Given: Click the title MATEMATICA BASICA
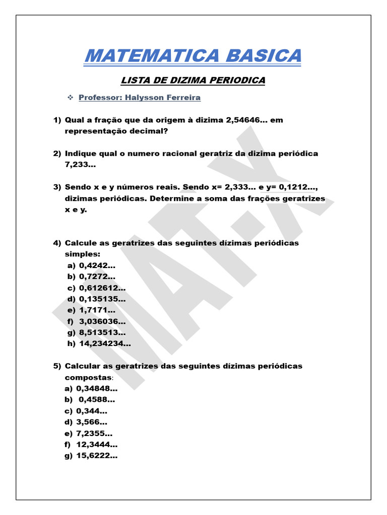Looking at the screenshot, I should click(193, 55).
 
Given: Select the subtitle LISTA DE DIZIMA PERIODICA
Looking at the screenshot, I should click(193, 80).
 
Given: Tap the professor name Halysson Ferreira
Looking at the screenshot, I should click(161, 98).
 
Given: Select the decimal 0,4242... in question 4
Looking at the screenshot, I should click(97, 266).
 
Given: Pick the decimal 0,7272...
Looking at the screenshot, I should click(97, 277).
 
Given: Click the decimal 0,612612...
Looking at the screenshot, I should click(102, 288).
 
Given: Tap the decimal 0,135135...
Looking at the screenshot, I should click(102, 299).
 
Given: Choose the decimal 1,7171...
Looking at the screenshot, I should click(97, 310).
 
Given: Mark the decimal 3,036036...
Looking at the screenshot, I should click(102, 321).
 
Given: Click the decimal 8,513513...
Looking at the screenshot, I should click(102, 332).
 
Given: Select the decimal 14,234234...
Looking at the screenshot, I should click(105, 344).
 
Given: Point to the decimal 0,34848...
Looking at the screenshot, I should click(97, 388).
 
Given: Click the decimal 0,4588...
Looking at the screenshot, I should click(97, 400).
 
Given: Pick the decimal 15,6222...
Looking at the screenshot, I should click(97, 456).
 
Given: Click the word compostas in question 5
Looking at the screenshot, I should click(88, 377).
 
